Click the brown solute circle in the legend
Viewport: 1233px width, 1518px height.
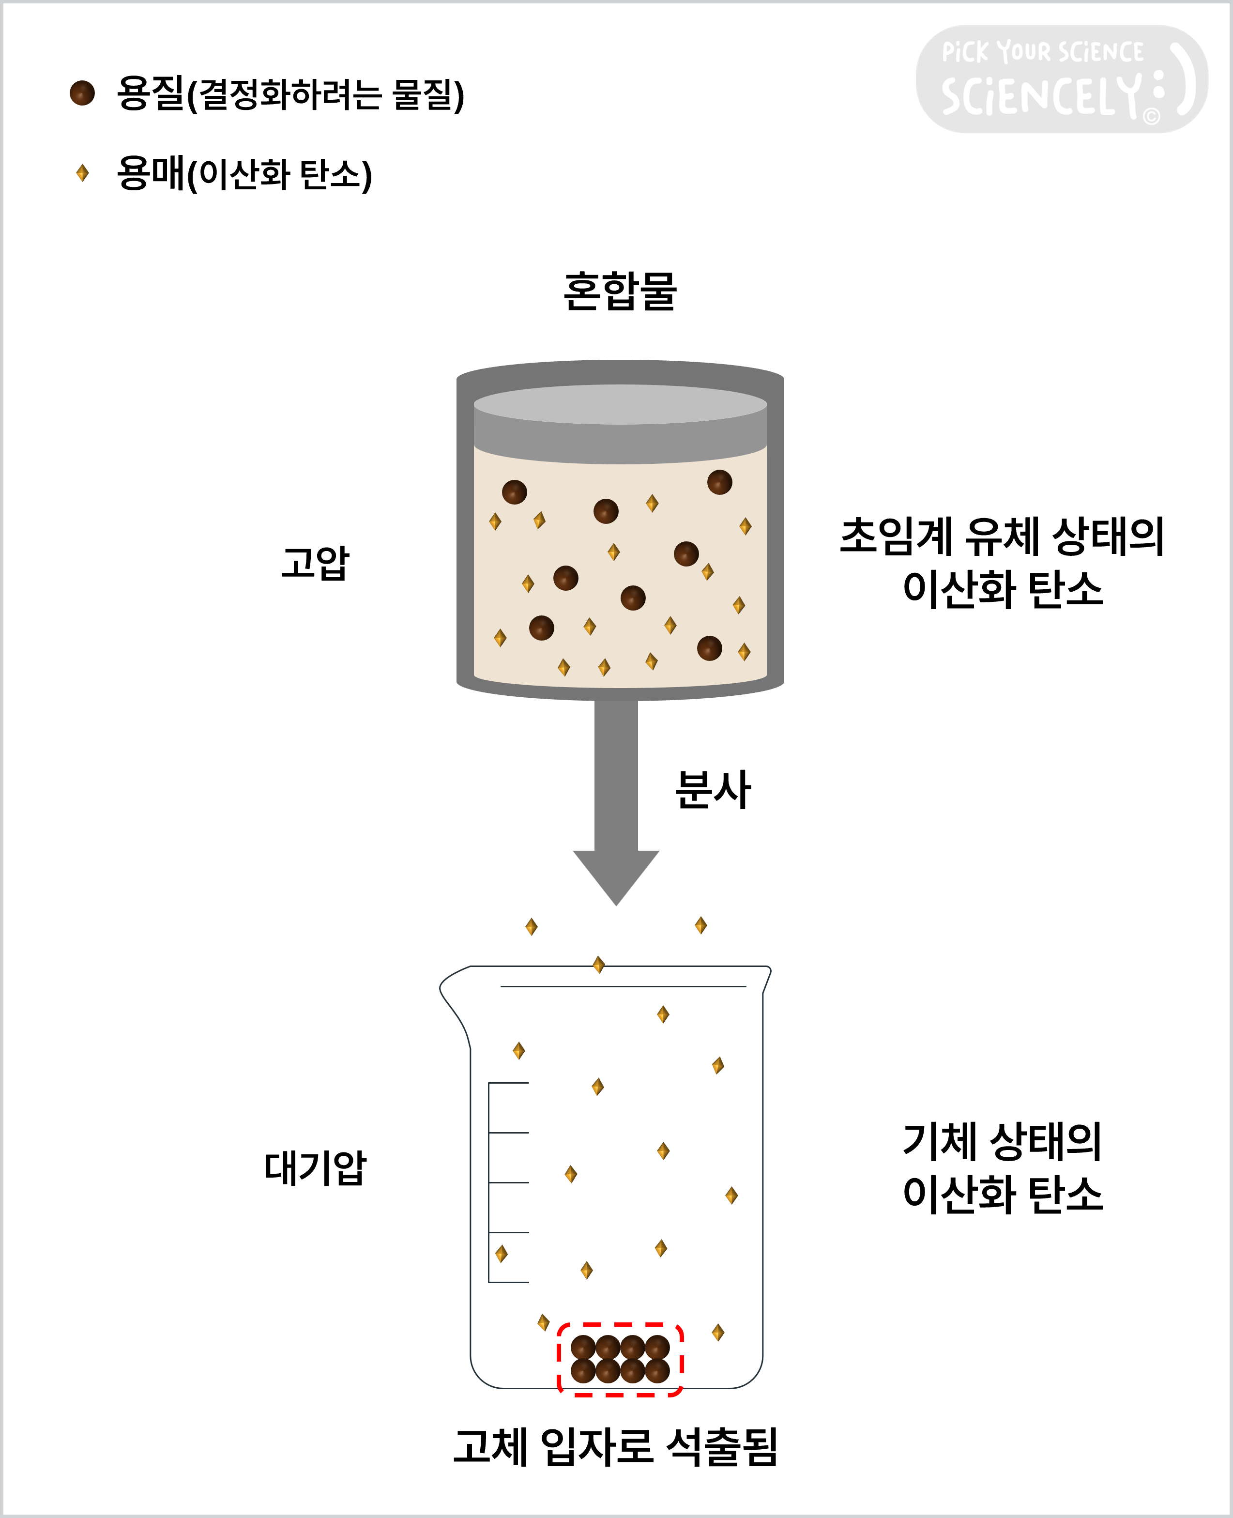coord(82,93)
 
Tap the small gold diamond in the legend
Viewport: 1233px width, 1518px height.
coord(82,172)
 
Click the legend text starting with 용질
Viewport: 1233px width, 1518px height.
coord(290,94)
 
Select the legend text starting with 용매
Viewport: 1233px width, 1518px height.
coord(244,173)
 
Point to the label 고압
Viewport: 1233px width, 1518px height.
coord(315,563)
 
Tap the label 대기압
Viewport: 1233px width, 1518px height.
coord(315,1168)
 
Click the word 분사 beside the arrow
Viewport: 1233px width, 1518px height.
coord(713,789)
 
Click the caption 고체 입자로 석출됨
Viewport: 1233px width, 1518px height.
coord(616,1447)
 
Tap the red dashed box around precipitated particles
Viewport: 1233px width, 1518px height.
coord(620,1325)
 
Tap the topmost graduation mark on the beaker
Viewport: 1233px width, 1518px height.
coord(508,1083)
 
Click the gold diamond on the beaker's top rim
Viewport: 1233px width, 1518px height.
coord(599,965)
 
